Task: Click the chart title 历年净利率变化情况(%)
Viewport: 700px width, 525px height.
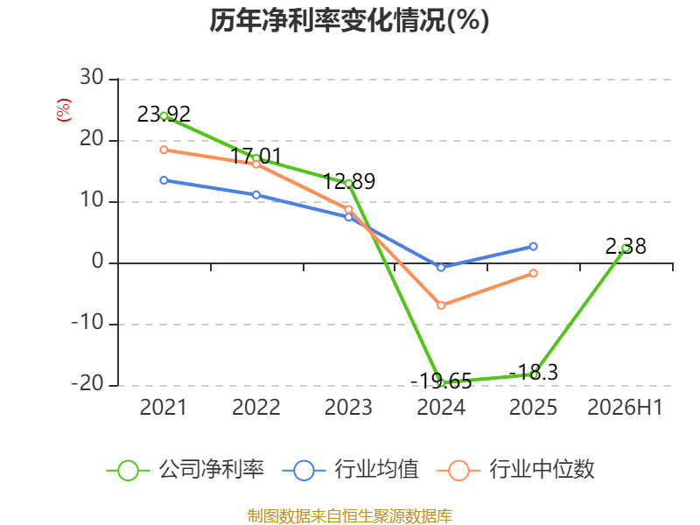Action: [x=349, y=20]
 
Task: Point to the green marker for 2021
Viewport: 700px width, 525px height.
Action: [x=164, y=116]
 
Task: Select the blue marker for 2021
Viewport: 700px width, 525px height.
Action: [x=164, y=180]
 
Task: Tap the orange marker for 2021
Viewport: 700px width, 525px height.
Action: [x=164, y=150]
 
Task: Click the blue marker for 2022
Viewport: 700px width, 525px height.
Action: [x=256, y=195]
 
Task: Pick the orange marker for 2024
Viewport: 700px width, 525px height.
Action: [x=441, y=305]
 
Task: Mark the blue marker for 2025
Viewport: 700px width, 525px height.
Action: [x=534, y=247]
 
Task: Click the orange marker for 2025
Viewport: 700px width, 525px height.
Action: [x=534, y=273]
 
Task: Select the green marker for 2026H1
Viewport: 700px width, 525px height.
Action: [x=626, y=248]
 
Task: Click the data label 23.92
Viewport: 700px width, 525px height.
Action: [x=164, y=115]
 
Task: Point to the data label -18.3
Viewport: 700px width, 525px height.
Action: [x=534, y=373]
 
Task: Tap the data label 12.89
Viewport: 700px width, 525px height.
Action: [x=349, y=181]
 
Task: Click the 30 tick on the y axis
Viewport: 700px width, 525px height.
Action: [x=92, y=77]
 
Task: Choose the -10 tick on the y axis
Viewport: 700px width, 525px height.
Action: [x=87, y=322]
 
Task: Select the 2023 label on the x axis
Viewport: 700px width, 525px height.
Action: [x=348, y=407]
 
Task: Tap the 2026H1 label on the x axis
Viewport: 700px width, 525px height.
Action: [x=625, y=407]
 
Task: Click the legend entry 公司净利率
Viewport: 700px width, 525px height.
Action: [x=185, y=470]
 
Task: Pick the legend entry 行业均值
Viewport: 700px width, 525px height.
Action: [x=351, y=470]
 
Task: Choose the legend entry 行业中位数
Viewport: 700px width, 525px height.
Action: [x=516, y=470]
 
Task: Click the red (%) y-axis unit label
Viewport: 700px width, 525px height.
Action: [x=64, y=110]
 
